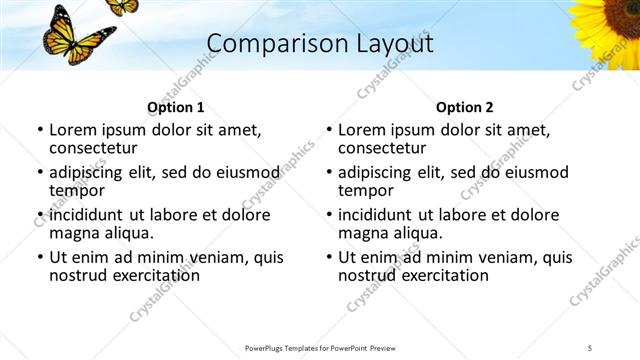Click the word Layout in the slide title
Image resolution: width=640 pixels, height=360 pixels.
387,44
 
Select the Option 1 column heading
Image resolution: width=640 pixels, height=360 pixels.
175,107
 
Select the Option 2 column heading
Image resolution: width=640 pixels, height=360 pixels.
464,107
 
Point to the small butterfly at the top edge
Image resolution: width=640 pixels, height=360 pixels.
122,6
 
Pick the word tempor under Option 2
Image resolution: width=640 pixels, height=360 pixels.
364,190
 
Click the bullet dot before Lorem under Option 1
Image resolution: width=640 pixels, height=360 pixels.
40,131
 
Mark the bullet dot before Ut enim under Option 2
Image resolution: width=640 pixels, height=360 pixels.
329,257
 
